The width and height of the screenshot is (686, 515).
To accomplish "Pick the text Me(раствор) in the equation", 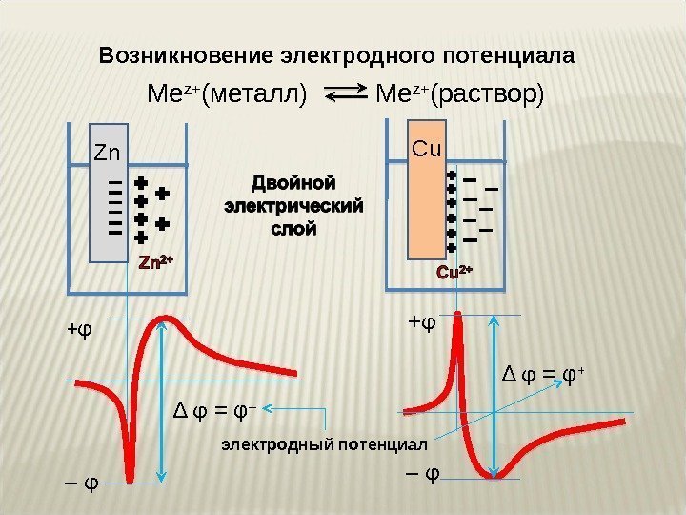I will [461, 94].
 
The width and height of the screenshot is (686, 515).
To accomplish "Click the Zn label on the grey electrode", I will [106, 153].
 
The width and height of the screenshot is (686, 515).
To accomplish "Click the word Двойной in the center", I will [293, 180].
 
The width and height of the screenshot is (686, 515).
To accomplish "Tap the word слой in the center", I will [293, 229].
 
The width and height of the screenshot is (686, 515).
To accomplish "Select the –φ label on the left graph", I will [82, 481].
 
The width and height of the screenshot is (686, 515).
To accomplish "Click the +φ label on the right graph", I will [421, 321].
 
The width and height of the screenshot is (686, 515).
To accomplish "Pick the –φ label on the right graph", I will [422, 470].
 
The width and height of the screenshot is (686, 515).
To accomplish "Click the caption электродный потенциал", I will [325, 443].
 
